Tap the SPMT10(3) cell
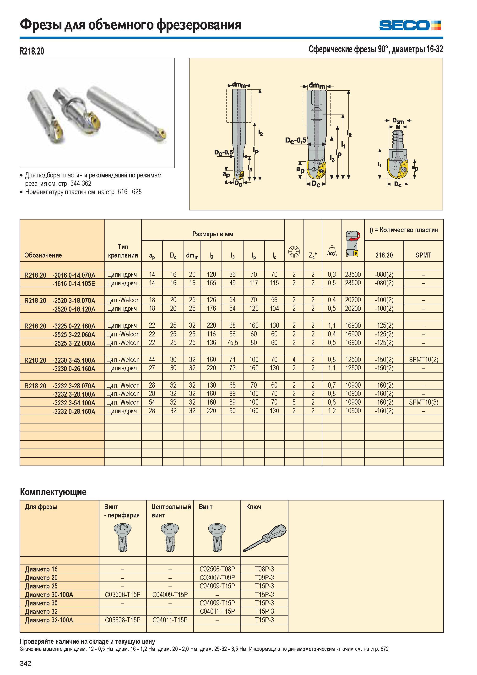(x=423, y=402)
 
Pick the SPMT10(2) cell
(x=423, y=360)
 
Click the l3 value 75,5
(x=232, y=343)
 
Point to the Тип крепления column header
(x=123, y=251)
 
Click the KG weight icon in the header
(x=332, y=251)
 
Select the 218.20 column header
(x=384, y=255)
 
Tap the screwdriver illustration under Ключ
(x=265, y=538)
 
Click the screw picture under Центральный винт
(x=170, y=538)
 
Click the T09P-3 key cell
(x=264, y=578)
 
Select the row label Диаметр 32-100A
(x=49, y=620)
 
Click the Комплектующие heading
(x=53, y=492)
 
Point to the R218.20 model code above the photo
(x=32, y=51)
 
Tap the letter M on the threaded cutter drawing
(x=398, y=127)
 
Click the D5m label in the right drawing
(x=398, y=121)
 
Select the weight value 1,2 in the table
(x=332, y=411)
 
